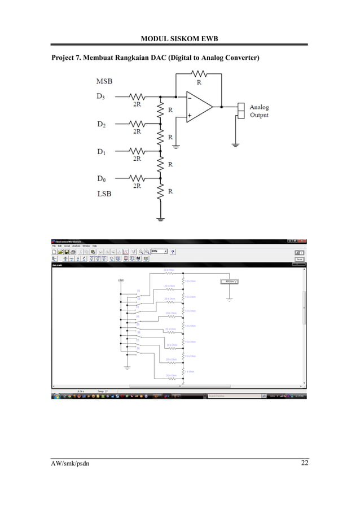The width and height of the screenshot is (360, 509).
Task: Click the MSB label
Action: point(104,81)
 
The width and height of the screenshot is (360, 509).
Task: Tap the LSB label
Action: point(104,194)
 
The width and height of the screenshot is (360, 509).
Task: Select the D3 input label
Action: point(100,96)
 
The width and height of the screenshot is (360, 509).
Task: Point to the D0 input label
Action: point(100,179)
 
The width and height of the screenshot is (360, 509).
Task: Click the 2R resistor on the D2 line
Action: point(137,124)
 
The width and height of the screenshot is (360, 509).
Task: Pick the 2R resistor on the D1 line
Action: point(137,151)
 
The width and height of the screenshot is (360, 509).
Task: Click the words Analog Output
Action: point(259,111)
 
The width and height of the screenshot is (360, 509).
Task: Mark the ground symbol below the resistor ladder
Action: point(161,220)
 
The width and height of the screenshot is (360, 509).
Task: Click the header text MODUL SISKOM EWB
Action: point(179,38)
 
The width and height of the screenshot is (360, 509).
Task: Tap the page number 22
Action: point(304,464)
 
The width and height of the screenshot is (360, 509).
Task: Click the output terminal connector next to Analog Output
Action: point(241,111)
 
